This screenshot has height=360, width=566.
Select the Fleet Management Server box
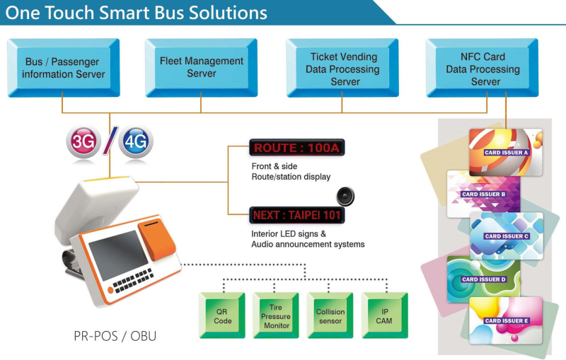pyautogui.click(x=201, y=67)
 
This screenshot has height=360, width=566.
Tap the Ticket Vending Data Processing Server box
pyautogui.click(x=342, y=69)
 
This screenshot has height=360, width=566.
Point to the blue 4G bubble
pyautogui.click(x=134, y=141)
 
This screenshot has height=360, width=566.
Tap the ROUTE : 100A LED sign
pyautogui.click(x=296, y=148)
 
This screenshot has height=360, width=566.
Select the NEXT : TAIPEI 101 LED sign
pyautogui.click(x=296, y=214)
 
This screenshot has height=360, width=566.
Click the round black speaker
pyautogui.click(x=345, y=196)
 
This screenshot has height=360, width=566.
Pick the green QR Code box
pyautogui.click(x=222, y=315)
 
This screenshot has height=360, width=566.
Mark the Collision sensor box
pyautogui.click(x=330, y=315)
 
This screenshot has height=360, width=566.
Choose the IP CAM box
pyautogui.click(x=383, y=315)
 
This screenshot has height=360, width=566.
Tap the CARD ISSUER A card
pyautogui.click(x=506, y=151)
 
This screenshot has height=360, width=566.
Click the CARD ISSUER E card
pyautogui.click(x=507, y=319)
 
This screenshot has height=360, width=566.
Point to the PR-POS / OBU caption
pyautogui.click(x=115, y=336)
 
